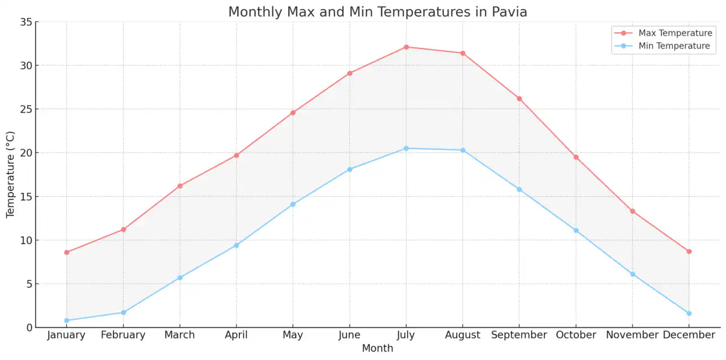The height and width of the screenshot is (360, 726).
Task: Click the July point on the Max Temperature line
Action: point(406,47)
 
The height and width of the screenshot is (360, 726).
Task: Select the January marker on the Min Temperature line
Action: point(66,320)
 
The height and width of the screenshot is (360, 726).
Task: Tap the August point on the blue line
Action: point(463,150)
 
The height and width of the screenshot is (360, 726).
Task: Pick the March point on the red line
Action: point(180,186)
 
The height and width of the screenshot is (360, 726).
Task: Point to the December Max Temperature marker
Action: point(689,251)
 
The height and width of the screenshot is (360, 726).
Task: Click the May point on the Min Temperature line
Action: point(293,204)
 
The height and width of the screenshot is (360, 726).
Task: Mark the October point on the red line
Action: point(576,157)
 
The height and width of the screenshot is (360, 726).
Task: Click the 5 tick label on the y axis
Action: point(28,284)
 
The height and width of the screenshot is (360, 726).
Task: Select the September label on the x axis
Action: point(519,335)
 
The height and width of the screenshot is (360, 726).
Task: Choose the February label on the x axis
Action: point(123,335)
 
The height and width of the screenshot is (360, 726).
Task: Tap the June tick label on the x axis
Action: point(349,335)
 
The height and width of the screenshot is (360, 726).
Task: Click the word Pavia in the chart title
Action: point(508,11)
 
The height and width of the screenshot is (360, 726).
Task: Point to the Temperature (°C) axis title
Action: point(10,175)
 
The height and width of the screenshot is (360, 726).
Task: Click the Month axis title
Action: point(377,349)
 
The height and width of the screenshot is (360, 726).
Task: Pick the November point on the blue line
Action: point(632,274)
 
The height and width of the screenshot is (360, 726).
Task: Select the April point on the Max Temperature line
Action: point(237,155)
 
